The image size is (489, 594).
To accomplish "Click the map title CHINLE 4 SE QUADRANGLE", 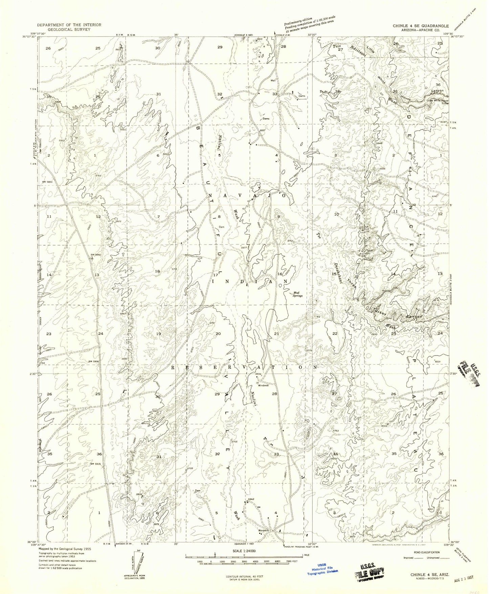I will click(421, 26).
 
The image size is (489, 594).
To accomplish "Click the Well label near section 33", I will click(272, 81).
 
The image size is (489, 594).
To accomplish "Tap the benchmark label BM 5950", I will click(95, 254).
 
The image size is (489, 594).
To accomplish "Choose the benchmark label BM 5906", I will click(93, 361).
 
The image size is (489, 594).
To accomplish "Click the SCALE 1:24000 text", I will click(244, 551).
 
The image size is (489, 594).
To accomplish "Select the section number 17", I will click(215, 275).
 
